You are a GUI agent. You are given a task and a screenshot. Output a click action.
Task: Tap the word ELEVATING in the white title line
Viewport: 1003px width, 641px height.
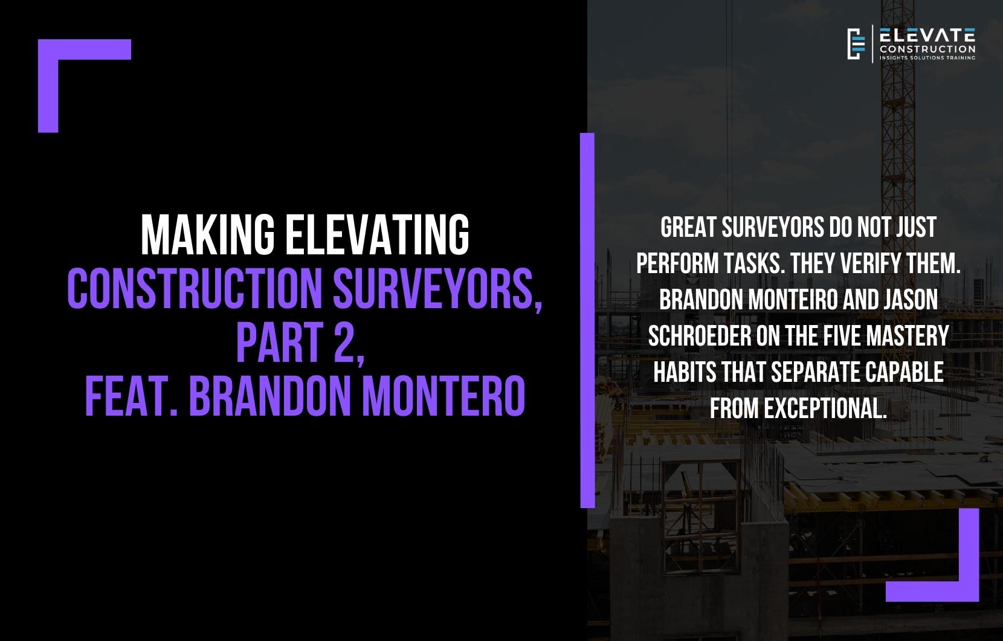(378, 234)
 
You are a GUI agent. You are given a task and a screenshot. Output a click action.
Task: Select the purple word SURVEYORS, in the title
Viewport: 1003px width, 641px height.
(437, 289)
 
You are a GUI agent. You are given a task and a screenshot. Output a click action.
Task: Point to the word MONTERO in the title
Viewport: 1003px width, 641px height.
(443, 396)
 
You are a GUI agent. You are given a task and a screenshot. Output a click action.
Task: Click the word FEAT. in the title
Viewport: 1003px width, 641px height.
(131, 396)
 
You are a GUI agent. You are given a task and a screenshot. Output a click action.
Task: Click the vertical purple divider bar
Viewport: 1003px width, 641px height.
(587, 320)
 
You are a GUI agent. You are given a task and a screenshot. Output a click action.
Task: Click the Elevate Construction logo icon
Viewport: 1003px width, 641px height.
(856, 43)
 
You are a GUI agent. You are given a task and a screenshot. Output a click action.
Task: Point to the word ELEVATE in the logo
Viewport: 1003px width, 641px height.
(927, 35)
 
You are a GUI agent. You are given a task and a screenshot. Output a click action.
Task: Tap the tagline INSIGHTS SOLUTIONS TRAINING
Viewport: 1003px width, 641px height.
(927, 58)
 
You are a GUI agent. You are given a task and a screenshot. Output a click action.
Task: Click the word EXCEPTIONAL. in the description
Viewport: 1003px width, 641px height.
(825, 408)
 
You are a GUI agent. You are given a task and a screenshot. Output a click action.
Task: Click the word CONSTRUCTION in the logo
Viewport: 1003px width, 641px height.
(927, 49)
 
